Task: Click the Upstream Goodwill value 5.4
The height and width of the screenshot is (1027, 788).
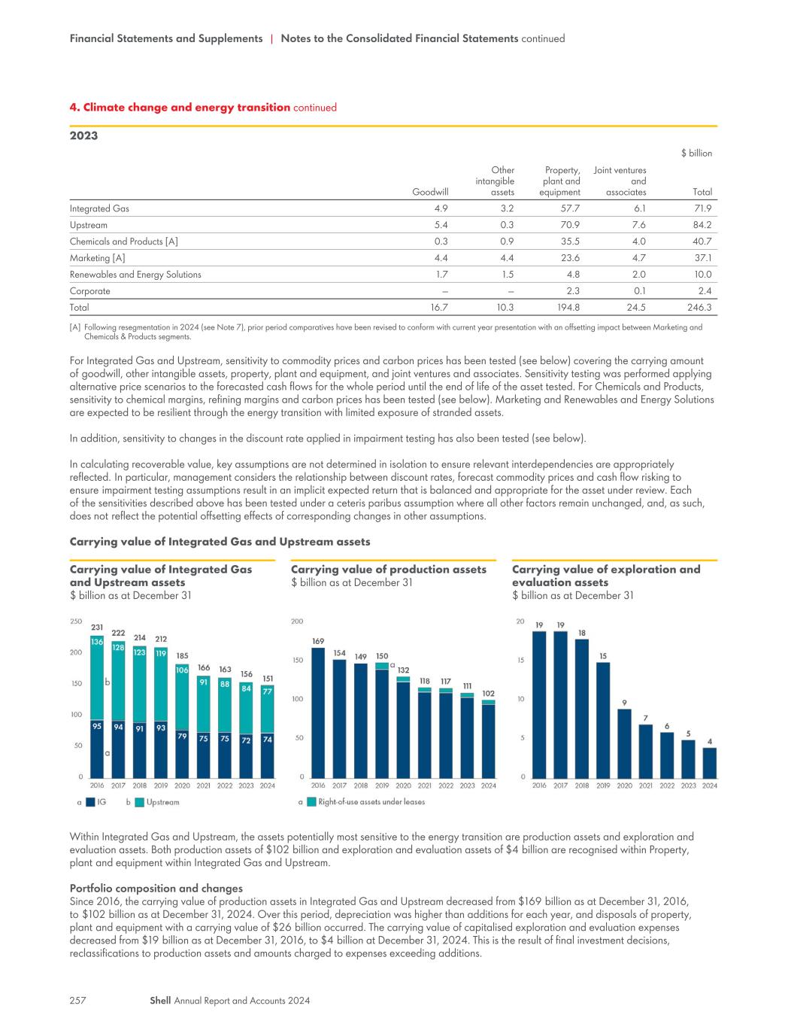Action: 441,225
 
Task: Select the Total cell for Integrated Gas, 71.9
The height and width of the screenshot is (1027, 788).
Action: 702,208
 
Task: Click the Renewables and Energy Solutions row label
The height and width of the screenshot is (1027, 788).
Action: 135,275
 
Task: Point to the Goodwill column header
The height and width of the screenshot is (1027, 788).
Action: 429,192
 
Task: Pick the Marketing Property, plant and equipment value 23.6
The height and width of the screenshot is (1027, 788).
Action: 570,258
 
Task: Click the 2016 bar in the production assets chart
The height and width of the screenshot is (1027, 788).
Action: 318,713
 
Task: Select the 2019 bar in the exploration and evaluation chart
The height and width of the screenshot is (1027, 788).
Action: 603,720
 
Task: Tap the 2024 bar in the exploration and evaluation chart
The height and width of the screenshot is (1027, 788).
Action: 709,762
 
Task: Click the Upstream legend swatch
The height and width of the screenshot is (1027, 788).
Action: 139,802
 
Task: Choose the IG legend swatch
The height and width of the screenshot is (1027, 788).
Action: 90,802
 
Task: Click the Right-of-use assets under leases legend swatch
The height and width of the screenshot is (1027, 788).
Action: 311,801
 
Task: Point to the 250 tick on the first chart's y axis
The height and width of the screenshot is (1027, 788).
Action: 76,621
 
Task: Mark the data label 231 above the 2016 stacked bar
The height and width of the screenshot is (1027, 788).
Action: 97,627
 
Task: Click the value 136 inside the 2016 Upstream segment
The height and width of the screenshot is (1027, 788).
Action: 97,641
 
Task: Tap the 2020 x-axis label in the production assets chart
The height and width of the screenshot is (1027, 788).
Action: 403,785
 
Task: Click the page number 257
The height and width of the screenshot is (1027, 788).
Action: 78,1000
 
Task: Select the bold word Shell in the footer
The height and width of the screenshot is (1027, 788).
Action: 160,1000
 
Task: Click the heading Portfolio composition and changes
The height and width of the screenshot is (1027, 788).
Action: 156,888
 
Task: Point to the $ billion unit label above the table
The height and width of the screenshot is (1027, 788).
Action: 696,153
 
